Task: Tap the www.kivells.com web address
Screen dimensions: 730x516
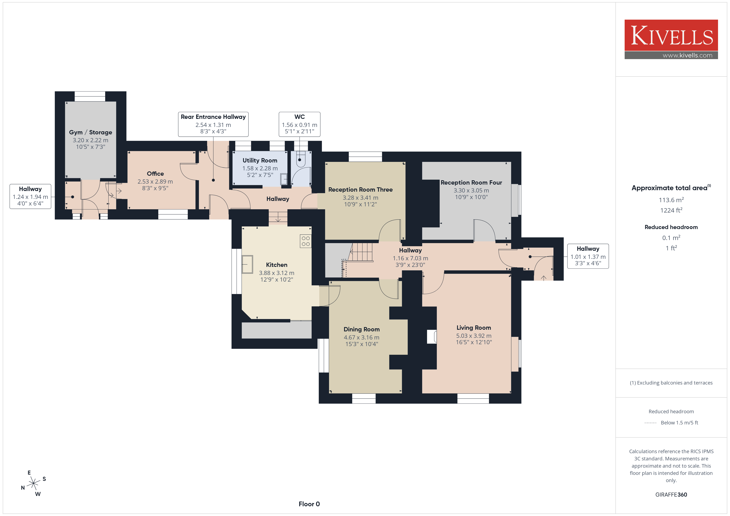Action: [687, 55]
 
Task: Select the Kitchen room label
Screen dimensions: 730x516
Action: [277, 265]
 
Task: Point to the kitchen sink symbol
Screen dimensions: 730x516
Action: [247, 264]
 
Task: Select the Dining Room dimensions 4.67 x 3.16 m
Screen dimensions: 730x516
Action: [361, 337]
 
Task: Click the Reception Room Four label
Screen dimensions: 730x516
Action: [471, 182]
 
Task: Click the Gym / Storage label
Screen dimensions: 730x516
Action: [91, 132]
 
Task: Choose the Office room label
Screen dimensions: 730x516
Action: [155, 173]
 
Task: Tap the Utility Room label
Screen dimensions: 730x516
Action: [260, 160]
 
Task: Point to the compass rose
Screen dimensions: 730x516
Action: [33, 483]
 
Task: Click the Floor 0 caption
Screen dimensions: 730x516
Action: [309, 504]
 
